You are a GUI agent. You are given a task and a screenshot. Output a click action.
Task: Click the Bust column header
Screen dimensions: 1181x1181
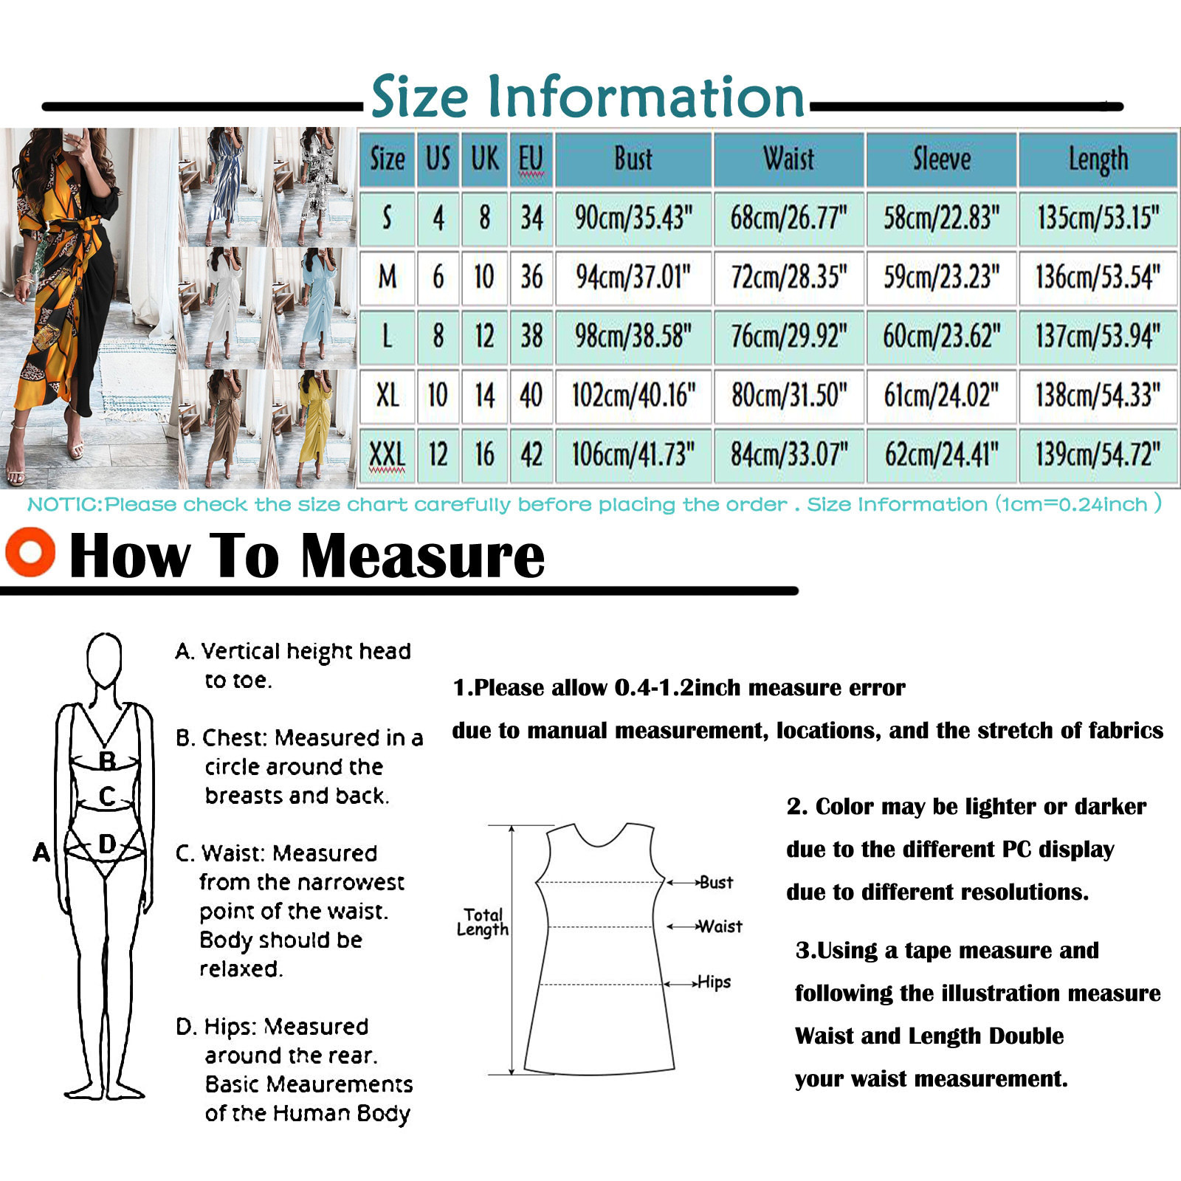[x=633, y=159]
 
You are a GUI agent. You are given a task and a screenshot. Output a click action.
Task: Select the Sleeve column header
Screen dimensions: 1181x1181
[x=941, y=159]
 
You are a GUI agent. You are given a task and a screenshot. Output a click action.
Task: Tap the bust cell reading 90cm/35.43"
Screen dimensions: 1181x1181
[x=633, y=218]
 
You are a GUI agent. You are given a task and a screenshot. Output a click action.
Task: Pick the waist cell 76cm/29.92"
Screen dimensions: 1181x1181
[x=788, y=337]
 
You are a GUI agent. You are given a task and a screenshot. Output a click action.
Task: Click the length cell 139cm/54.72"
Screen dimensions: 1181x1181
[x=1098, y=455]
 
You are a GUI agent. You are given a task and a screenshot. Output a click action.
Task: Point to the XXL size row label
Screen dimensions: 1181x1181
[x=387, y=455]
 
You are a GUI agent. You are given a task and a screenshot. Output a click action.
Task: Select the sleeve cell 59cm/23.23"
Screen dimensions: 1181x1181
[x=941, y=278]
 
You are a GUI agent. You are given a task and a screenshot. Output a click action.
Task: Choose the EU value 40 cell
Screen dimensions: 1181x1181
[x=531, y=396]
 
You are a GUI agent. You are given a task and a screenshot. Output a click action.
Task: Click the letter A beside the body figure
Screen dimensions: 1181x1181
[x=41, y=853]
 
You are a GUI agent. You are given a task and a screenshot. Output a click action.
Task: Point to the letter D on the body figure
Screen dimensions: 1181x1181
[x=107, y=844]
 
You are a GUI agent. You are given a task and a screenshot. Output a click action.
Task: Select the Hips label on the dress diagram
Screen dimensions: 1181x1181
[x=714, y=982]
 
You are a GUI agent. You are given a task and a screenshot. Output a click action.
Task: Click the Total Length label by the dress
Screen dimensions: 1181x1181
[x=483, y=922]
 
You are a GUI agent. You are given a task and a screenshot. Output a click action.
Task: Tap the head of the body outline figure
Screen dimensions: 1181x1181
[x=104, y=660]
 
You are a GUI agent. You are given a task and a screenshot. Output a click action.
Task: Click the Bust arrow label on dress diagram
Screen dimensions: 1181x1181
[x=716, y=882]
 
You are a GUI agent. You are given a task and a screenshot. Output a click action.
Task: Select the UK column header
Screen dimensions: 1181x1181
[x=485, y=159]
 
